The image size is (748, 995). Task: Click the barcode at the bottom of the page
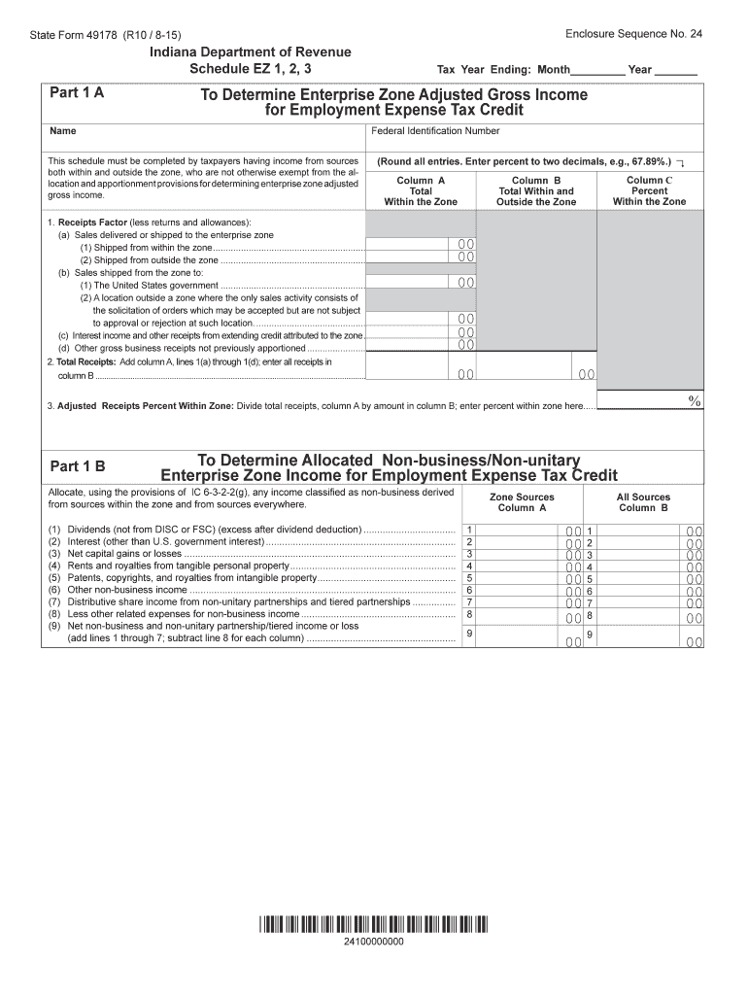(374, 924)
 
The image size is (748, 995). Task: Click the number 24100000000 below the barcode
(374, 943)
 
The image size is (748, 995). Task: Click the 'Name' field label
(61, 131)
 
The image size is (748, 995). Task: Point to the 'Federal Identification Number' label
(435, 131)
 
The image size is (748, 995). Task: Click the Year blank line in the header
(676, 70)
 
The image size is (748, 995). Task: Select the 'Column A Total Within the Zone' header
(421, 191)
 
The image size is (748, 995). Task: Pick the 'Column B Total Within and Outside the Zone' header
(536, 191)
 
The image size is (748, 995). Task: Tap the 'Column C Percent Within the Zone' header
(649, 191)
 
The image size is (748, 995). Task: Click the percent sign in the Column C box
(694, 400)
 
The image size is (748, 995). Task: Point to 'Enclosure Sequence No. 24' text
(633, 33)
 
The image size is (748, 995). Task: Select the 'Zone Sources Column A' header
(523, 502)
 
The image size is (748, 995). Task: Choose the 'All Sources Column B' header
(643, 502)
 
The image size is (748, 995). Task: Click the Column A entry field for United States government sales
(421, 284)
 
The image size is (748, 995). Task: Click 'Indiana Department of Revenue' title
(251, 51)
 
